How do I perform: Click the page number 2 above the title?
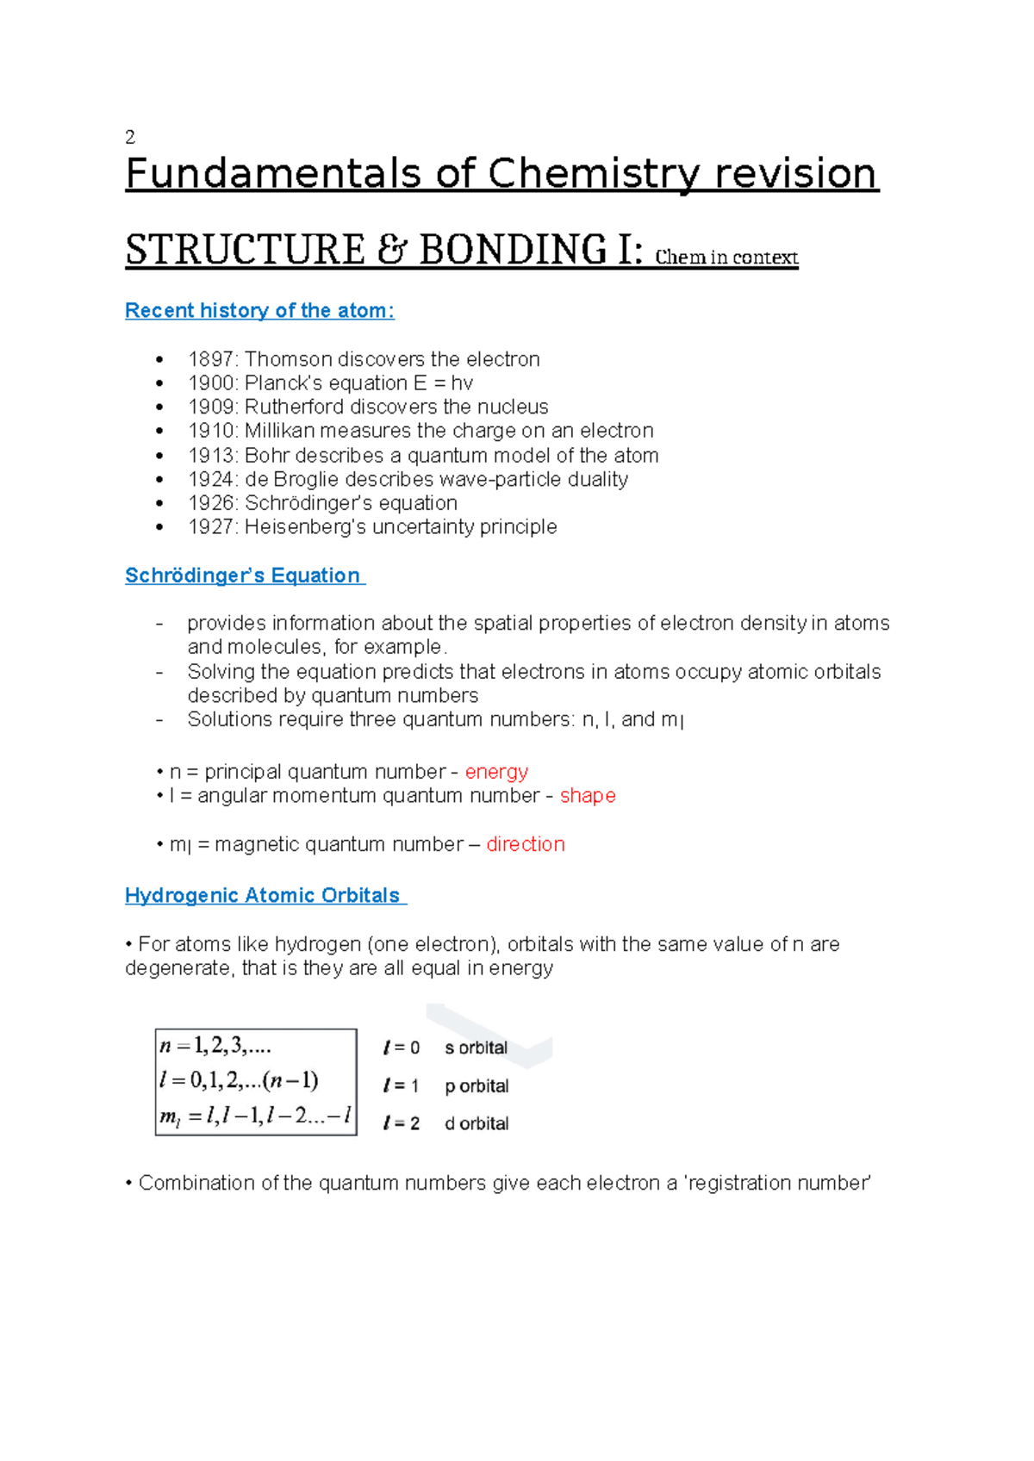point(130,137)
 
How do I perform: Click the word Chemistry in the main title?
point(595,174)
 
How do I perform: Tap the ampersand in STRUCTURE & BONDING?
point(392,250)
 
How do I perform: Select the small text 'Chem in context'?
point(726,257)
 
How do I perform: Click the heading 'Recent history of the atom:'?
point(259,311)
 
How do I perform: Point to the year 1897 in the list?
point(211,359)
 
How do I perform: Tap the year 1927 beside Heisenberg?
point(211,526)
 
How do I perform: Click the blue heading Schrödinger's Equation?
point(243,575)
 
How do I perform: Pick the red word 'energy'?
point(496,772)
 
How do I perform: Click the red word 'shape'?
point(588,796)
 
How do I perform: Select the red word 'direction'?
point(526,844)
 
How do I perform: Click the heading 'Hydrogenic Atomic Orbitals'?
point(263,896)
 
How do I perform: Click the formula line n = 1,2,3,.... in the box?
point(215,1046)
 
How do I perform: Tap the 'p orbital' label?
point(477,1086)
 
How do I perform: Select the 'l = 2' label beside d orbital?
point(402,1123)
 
